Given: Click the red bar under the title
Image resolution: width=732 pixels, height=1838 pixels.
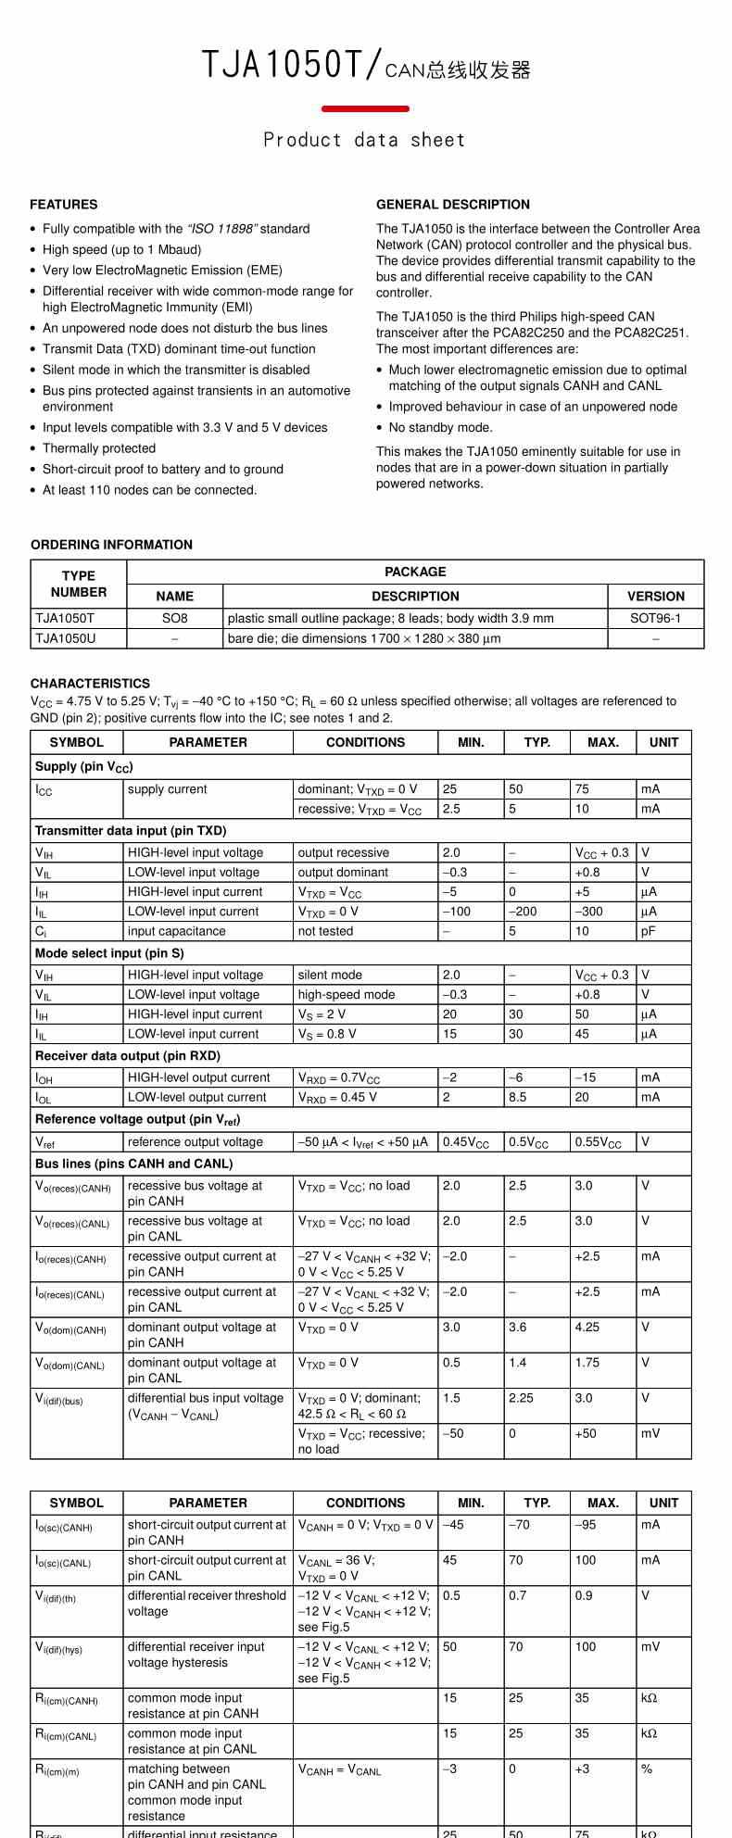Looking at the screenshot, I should click(x=365, y=109).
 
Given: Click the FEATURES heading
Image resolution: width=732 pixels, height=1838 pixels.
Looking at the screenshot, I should click(x=63, y=205).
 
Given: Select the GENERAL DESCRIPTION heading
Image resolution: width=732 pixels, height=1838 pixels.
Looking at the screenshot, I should click(x=453, y=205).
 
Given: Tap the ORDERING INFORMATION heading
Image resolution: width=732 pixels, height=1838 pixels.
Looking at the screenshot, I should click(x=111, y=545).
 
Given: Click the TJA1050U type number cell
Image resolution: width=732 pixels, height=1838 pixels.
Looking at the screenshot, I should click(x=65, y=638).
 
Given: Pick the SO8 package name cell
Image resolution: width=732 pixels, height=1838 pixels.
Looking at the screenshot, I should click(x=174, y=618).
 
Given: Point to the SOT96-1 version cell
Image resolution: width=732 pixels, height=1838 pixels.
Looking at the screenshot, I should click(x=655, y=618).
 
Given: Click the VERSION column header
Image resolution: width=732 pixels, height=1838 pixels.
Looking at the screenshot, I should click(x=655, y=597).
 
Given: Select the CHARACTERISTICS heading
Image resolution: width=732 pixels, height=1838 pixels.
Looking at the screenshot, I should click(x=90, y=684).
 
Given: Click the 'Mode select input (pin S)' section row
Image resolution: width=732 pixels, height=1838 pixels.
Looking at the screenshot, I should click(x=109, y=953).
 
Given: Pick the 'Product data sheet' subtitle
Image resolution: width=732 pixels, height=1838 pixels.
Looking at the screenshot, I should click(x=364, y=140).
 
